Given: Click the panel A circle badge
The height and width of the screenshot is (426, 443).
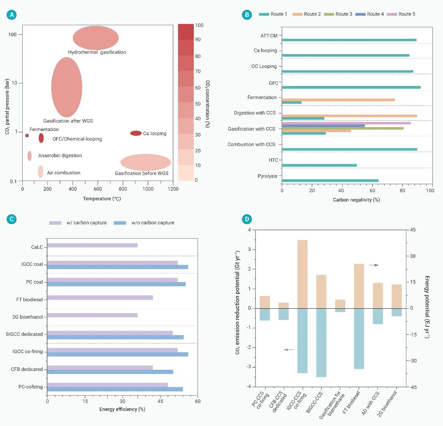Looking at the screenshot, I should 12,15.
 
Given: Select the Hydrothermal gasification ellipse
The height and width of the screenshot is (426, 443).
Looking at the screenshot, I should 96,38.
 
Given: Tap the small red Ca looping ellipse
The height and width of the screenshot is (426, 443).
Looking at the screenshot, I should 136,133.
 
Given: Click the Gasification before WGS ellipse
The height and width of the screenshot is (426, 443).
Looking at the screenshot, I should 146,162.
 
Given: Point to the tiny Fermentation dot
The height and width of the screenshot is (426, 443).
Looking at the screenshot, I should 27,136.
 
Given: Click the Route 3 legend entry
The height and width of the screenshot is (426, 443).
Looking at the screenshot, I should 338,14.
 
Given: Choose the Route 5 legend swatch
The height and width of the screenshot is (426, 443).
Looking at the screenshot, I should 392,14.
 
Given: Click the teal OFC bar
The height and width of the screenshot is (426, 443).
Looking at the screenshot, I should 351,87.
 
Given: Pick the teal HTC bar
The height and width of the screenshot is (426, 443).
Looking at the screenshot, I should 319,165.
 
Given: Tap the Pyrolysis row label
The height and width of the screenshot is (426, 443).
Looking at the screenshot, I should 267,176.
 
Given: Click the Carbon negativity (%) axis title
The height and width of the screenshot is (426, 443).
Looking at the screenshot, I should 356,200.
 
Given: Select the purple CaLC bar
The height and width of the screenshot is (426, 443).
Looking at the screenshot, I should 92,245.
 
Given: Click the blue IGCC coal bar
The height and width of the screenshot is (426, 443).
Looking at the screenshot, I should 117,267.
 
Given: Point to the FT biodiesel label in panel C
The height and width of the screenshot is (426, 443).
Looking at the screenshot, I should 29,299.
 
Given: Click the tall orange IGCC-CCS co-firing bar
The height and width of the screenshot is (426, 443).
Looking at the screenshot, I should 302,274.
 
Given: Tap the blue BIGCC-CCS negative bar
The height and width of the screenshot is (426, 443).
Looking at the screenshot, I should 321,342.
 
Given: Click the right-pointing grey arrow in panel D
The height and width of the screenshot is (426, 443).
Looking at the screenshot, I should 374,265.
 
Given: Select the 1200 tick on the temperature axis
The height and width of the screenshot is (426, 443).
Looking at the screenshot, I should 173,189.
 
